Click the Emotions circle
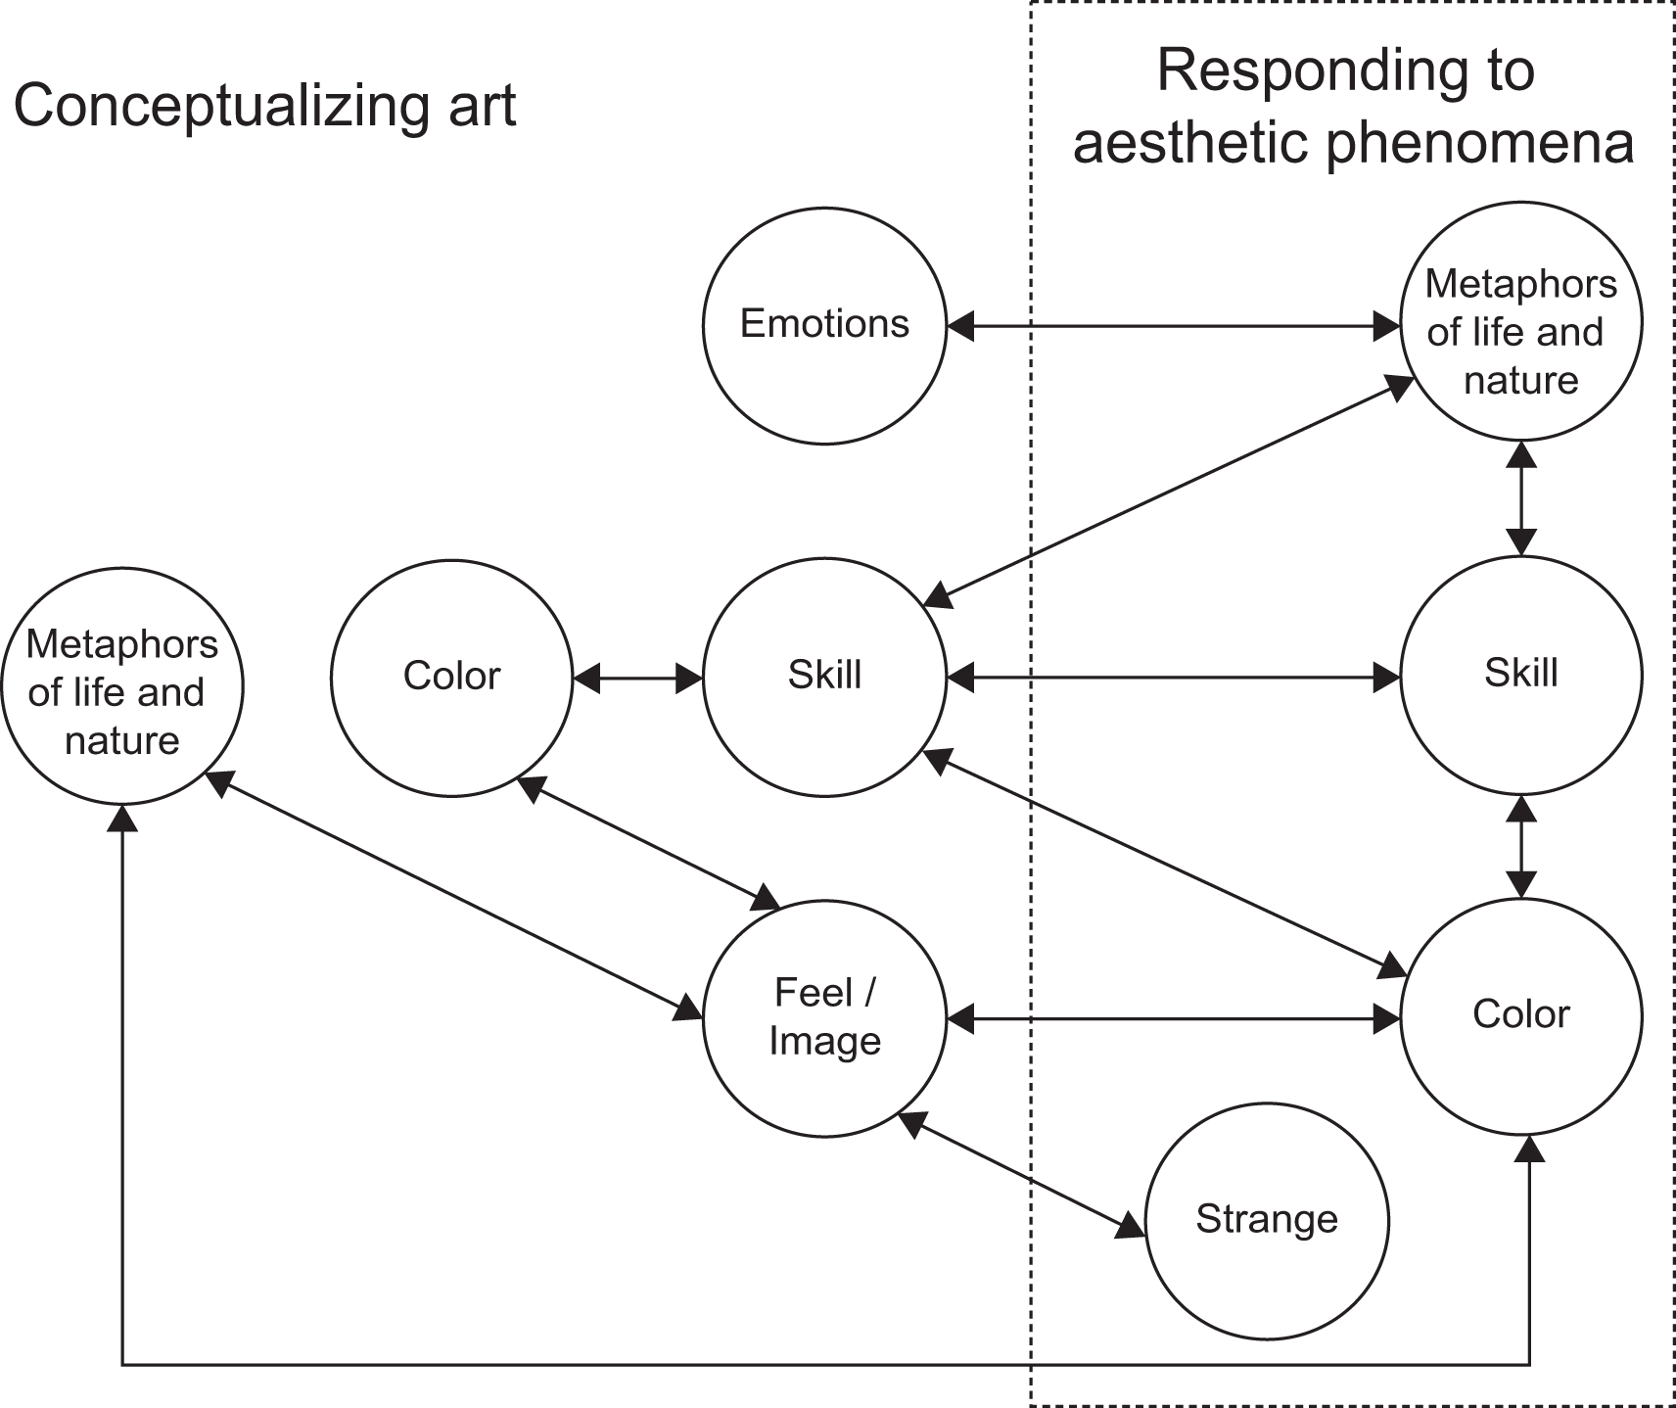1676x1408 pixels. [824, 324]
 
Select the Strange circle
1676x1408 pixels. [1267, 1220]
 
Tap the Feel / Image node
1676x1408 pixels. [824, 1017]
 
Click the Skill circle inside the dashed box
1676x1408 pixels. [1520, 675]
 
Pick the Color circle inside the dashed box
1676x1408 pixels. [1520, 1015]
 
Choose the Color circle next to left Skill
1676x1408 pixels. [451, 677]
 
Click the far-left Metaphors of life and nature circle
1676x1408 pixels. [122, 691]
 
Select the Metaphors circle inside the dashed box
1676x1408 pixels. [1520, 323]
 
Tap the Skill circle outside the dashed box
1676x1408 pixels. [824, 676]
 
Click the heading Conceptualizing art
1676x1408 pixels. [264, 106]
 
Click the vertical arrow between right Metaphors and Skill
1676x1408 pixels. [1520, 498]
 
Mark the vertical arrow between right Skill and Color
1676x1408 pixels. [1520, 846]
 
